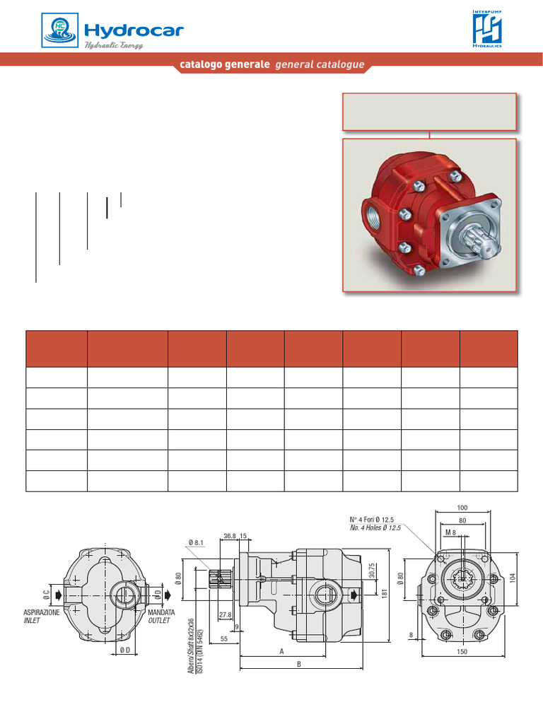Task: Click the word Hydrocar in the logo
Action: tap(134, 30)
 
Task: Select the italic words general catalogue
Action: tap(320, 65)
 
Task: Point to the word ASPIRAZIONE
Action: tap(42, 612)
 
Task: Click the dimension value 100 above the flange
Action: tap(462, 508)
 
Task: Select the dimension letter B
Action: tap(299, 665)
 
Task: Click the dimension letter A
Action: tap(281, 652)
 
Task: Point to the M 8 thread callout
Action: tap(451, 531)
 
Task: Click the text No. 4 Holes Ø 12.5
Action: tap(375, 528)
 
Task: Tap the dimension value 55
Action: tap(223, 638)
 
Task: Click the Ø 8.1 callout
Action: tap(196, 543)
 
